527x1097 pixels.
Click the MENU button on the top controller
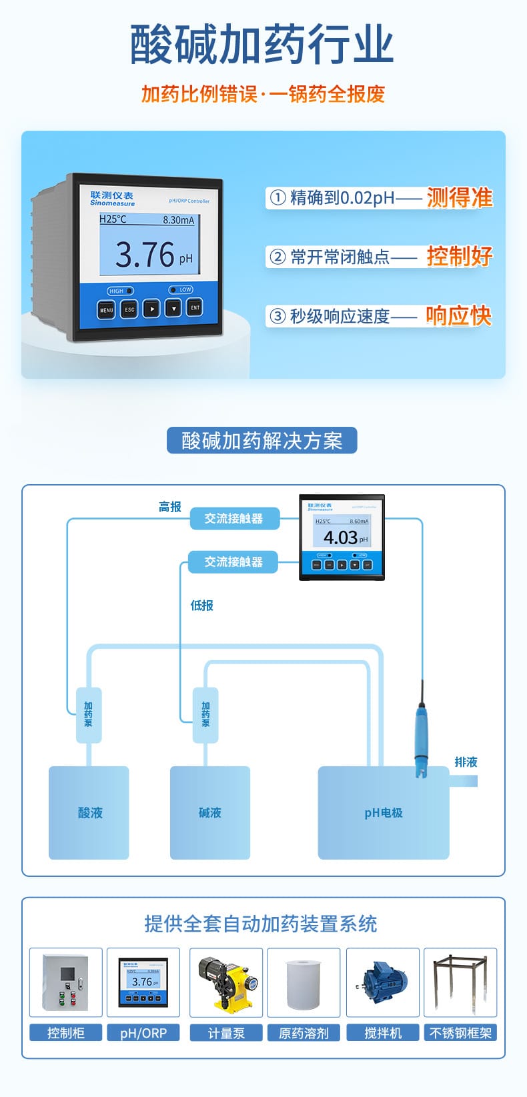(107, 310)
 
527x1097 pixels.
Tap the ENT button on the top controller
(195, 308)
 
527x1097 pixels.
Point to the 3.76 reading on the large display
(145, 254)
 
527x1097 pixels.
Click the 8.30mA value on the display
(178, 219)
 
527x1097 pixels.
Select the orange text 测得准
(459, 197)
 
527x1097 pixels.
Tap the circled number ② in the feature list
(277, 257)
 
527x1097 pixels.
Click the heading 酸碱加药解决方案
(261, 441)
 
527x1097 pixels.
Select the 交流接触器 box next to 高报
(233, 518)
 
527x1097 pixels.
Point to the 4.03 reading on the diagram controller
(340, 537)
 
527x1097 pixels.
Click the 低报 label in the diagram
(201, 606)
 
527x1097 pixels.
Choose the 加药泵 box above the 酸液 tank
(88, 715)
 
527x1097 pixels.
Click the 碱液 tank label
(209, 813)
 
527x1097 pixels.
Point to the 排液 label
(466, 762)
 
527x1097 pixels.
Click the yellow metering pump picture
(226, 982)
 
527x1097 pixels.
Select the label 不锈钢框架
(460, 1033)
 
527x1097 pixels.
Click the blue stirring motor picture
(383, 982)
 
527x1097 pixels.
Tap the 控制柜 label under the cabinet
(66, 1033)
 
